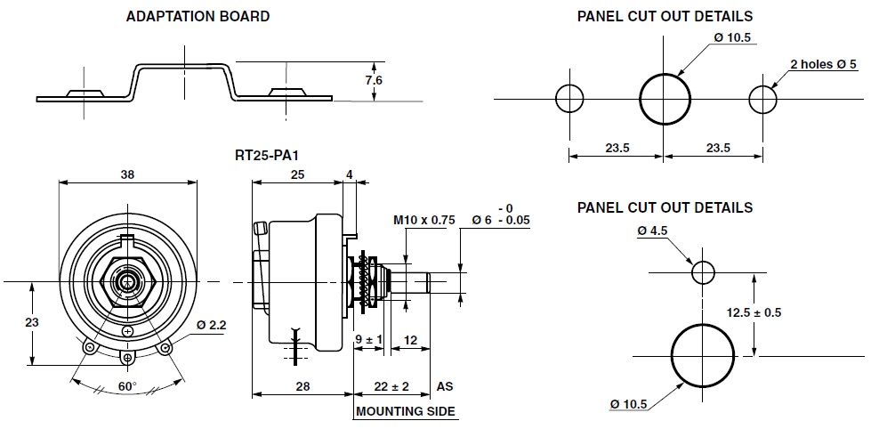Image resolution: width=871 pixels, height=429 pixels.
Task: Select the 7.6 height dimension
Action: click(374, 80)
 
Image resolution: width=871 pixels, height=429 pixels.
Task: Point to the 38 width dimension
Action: click(127, 175)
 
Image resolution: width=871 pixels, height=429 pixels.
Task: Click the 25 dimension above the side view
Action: click(295, 175)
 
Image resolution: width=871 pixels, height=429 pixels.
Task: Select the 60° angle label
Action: click(127, 387)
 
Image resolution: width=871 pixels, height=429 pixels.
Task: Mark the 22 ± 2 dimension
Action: click(392, 387)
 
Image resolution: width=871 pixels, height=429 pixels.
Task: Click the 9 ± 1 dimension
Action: click(367, 340)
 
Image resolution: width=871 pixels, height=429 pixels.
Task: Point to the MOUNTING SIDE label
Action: click(406, 412)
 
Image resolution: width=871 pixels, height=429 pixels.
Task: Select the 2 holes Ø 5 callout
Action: click(823, 64)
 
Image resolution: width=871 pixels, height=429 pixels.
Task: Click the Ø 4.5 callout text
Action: click(653, 231)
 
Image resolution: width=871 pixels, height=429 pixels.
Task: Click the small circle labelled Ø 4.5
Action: click(703, 271)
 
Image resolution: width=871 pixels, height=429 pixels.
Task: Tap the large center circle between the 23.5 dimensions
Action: click(665, 99)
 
